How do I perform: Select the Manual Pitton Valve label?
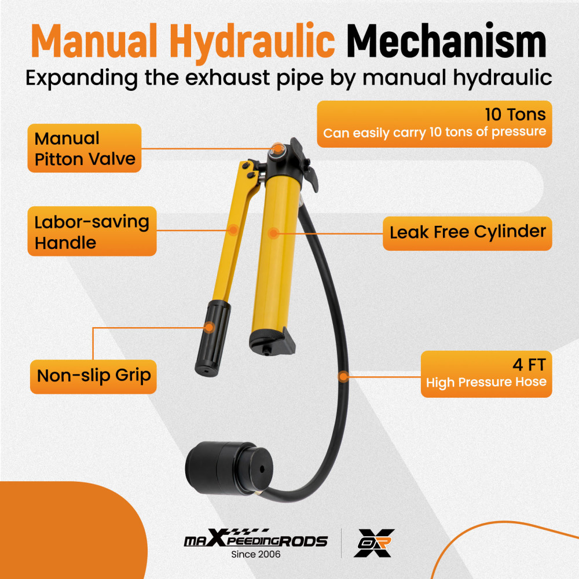(85, 148)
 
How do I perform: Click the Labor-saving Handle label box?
(91, 232)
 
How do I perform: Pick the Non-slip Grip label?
(93, 375)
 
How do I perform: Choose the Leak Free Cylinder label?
(467, 232)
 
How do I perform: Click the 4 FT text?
(529, 365)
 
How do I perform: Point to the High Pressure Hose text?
(486, 383)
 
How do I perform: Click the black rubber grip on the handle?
(210, 338)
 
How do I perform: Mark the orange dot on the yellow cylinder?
(274, 233)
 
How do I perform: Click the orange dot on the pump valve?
(278, 149)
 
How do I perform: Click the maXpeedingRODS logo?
(255, 541)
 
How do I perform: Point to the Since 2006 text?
(255, 555)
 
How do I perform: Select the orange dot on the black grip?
(210, 327)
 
